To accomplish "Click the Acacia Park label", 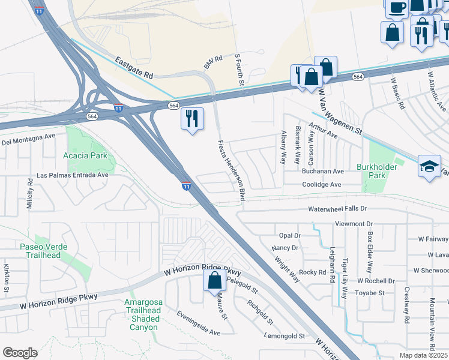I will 85,156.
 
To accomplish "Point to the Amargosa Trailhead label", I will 142,315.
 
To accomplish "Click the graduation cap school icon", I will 429,167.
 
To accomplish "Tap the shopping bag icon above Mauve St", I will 214,281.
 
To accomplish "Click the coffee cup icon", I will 396,7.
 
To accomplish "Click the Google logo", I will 20,353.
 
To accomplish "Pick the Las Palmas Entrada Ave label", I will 72,175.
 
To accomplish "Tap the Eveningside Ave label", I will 198,323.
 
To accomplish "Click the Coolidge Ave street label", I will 321,185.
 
